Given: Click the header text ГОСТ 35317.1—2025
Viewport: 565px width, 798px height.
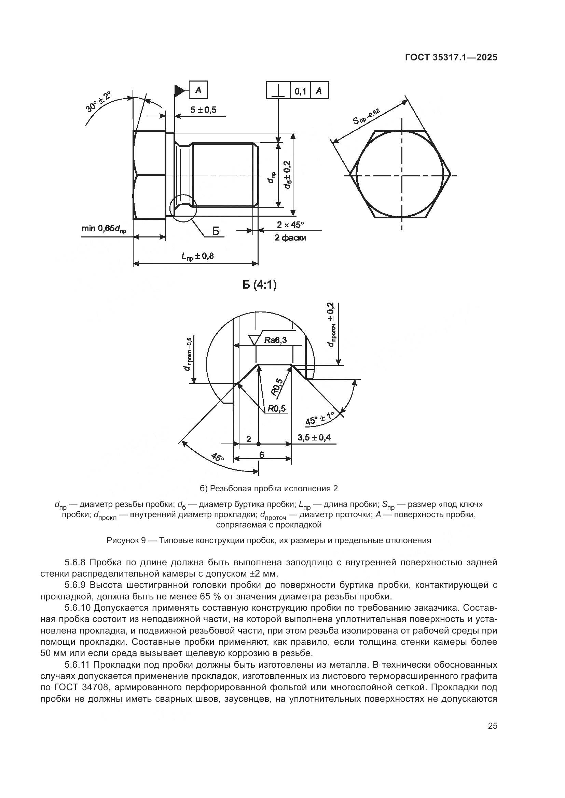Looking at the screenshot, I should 451,58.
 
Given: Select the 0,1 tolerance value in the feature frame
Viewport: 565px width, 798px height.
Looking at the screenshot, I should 300,91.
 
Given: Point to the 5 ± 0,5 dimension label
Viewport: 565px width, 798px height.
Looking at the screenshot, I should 203,110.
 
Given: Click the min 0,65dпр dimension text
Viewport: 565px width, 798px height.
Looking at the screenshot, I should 104,228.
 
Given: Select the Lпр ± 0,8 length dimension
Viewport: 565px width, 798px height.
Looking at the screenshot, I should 197,256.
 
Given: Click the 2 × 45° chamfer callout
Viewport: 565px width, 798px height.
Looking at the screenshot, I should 290,225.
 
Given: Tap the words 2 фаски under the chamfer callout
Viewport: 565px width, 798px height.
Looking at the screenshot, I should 290,238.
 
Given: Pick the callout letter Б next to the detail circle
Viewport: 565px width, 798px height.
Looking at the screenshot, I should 216,231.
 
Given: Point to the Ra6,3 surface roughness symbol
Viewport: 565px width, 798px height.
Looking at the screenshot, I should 270,340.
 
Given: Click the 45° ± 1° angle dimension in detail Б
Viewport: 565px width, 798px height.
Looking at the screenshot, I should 319,419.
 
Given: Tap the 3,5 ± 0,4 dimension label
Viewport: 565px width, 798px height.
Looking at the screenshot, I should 314,437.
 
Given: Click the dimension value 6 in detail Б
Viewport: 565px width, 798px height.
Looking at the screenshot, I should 262,454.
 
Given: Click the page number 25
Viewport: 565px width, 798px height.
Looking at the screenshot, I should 492,742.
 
